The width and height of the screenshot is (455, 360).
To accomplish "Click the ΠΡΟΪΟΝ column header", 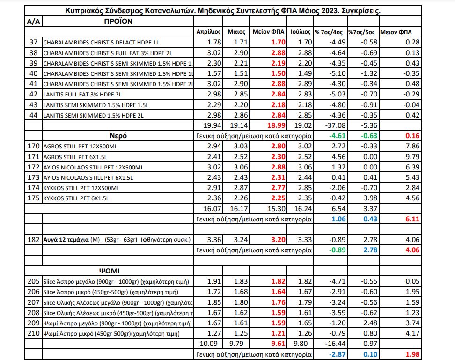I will coord(118,21).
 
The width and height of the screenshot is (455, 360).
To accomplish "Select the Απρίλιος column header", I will coord(208,32).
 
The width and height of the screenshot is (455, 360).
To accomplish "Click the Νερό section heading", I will coord(118,136).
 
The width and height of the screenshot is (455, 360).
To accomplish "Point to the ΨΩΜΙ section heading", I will coord(118,271).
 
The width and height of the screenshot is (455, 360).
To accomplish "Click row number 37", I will coord(33,43).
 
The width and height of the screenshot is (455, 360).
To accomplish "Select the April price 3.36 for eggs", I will coord(207,240).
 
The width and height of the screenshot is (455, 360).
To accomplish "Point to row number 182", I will coord(33,240).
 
